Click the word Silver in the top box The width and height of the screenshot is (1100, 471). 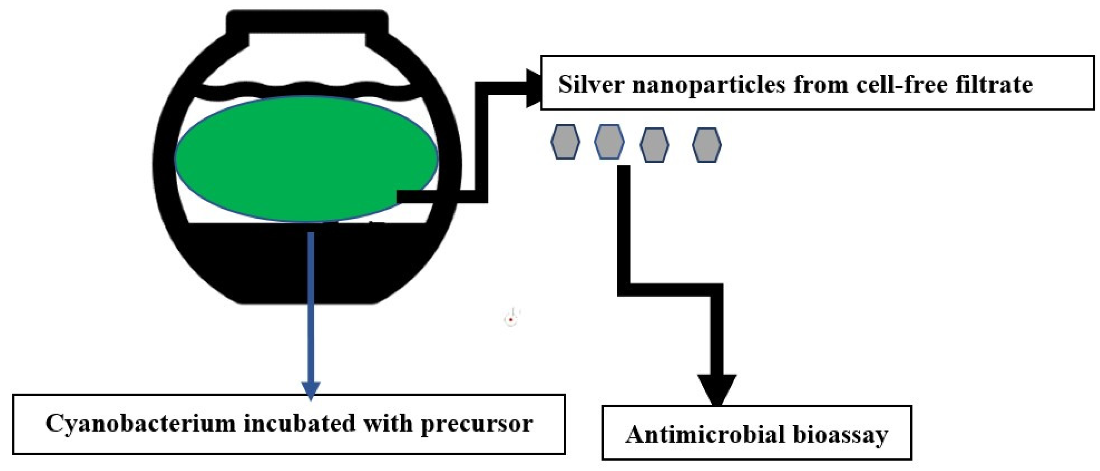pos(591,84)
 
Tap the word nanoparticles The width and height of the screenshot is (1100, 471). pos(708,85)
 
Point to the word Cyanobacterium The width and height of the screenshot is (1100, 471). pos(140,423)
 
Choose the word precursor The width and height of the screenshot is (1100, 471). pos(476,424)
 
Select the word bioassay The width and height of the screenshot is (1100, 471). pos(841,435)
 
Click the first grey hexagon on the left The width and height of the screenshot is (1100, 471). pos(565,142)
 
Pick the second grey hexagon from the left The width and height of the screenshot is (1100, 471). pos(609,142)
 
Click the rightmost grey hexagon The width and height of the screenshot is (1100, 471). pos(707,145)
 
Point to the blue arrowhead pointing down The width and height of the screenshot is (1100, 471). pos(311,390)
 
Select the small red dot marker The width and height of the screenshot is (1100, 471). pos(511,319)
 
